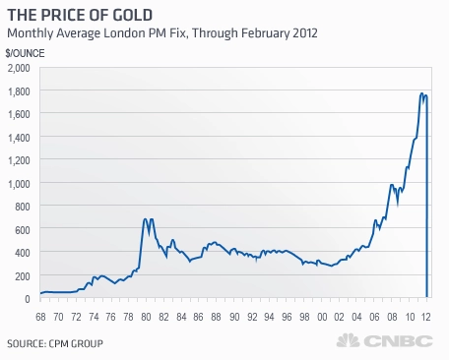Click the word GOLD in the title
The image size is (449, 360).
point(132,15)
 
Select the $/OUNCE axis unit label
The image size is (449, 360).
point(25,53)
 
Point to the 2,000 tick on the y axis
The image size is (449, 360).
point(19,68)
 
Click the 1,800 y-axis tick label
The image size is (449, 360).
point(19,91)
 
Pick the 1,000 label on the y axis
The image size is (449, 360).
point(19,183)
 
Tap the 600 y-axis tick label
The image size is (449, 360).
point(23,229)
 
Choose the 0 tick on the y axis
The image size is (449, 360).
point(28,299)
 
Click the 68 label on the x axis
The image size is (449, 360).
point(40,317)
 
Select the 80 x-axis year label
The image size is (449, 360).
point(146,317)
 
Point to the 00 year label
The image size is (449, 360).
point(322,317)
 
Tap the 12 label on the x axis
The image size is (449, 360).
point(425,317)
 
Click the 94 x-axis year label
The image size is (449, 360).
point(269,317)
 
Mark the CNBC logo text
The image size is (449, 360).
point(398,341)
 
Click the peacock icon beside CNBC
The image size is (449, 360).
point(349,340)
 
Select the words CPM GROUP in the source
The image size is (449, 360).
point(76,343)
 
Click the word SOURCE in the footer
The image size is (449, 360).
point(27,343)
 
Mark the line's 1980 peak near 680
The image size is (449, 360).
point(145,218)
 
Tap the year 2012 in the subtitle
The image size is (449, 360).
point(305,33)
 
